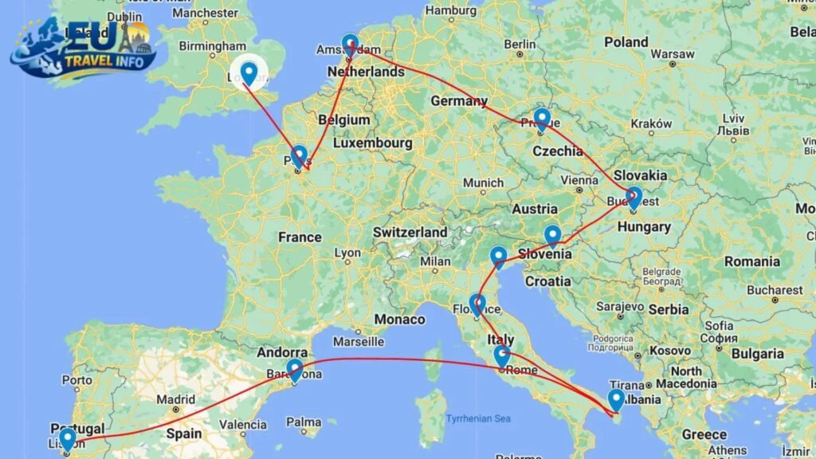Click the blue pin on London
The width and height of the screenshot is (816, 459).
[249, 73]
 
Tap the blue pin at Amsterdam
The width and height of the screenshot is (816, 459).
[350, 45]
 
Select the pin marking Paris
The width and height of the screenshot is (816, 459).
[299, 155]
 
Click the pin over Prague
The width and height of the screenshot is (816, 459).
[542, 119]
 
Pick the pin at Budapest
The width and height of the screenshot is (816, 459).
[634, 196]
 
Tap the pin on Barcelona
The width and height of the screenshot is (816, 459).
[295, 370]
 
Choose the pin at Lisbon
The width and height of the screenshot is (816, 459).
[68, 437]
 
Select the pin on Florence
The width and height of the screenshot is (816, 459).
[477, 304]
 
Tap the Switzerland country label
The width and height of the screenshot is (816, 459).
[410, 232]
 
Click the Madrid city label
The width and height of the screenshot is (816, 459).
[176, 399]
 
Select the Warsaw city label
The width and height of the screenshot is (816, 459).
[666, 54]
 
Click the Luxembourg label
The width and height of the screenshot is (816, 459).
[372, 143]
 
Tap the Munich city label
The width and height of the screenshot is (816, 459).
[483, 182]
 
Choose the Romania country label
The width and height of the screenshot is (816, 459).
[751, 261]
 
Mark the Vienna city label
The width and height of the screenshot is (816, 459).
[579, 181]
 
